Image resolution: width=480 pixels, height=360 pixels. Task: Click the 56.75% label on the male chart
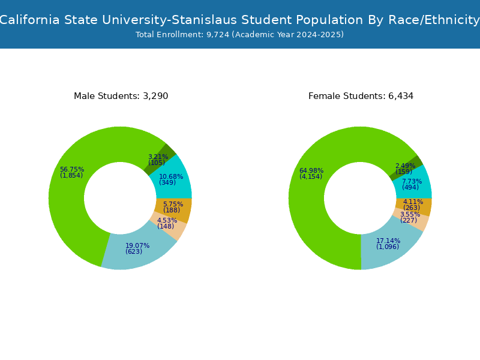pos(72,172)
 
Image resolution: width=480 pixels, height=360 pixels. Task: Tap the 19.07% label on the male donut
pos(137,248)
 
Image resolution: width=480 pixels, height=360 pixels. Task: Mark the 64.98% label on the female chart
pos(311,173)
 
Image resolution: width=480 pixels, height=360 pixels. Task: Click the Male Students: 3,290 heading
pos(121,96)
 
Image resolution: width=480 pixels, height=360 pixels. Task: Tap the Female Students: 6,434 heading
pos(361,96)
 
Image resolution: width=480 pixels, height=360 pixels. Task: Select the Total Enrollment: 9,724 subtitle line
pos(239,35)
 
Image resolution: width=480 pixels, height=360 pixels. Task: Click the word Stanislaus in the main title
pos(204,20)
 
